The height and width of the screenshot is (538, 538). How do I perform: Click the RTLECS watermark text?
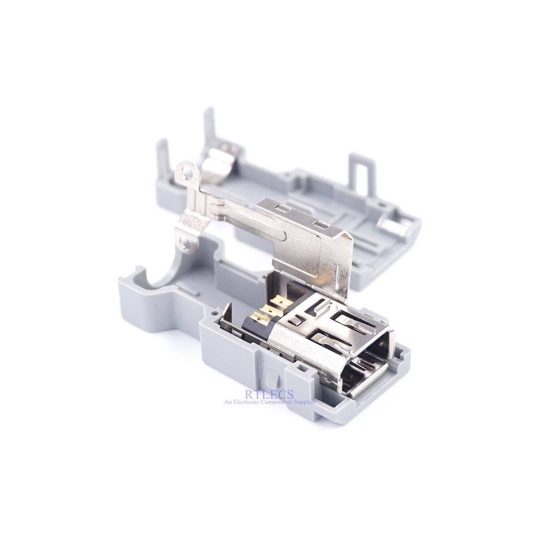click(x=268, y=393)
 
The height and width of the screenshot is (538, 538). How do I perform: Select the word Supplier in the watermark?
click(x=302, y=402)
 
